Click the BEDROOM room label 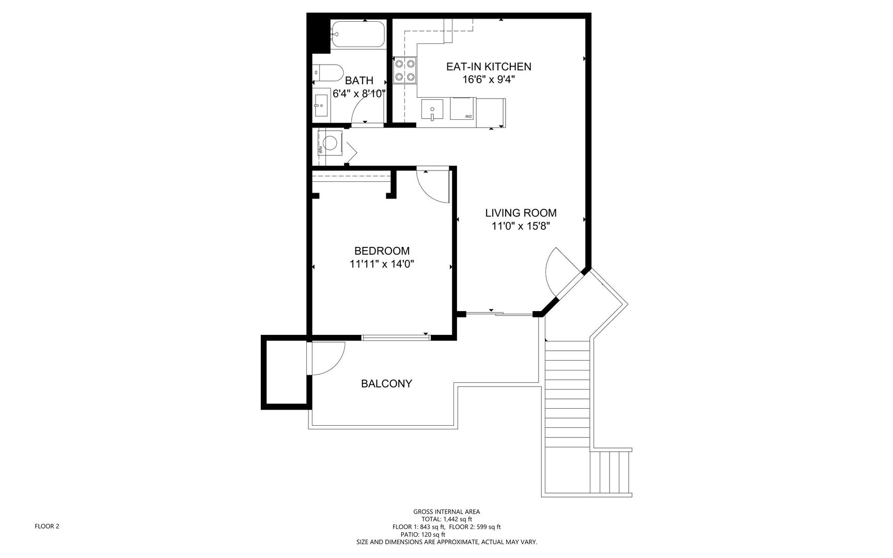382,251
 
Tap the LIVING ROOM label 521,213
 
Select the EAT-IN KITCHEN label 489,67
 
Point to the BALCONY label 386,384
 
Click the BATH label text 359,81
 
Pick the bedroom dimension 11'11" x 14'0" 382,265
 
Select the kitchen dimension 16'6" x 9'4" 489,80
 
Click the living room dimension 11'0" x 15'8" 521,226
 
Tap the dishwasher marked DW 463,109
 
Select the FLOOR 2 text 47,526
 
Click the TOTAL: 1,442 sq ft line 446,519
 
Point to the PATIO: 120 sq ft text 423,534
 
